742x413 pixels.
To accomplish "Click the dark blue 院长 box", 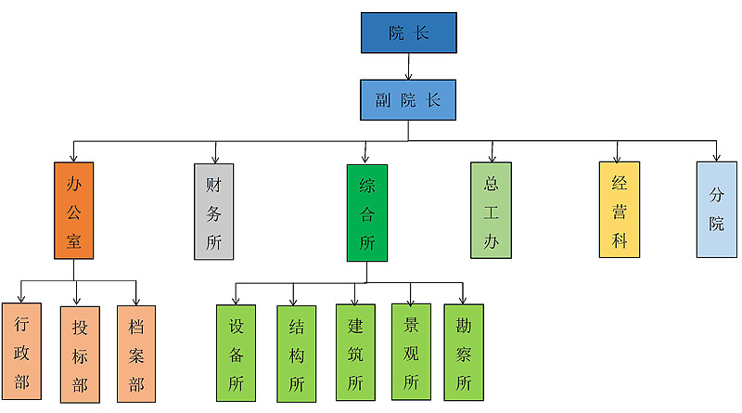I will pos(408,32).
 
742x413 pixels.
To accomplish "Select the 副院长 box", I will pos(408,99).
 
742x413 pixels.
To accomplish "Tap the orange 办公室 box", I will pos(75,211).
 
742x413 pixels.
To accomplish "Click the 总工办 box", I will pos(491,211).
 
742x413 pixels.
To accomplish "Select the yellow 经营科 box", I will pos(619,209).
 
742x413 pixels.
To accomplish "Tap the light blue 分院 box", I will pos(716,210).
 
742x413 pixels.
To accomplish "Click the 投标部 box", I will pos(80,355).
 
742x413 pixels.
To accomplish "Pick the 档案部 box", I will pos(136,353).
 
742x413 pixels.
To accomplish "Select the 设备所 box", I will pos(235,353).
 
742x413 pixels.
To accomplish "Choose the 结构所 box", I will pos(296,353).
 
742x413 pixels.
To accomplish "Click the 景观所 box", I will pos(412,351).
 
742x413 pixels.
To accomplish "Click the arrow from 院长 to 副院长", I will pos(408,65).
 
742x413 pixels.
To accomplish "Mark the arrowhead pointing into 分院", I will pos(716,157).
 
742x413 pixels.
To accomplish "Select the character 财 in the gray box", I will pos(213,185).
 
